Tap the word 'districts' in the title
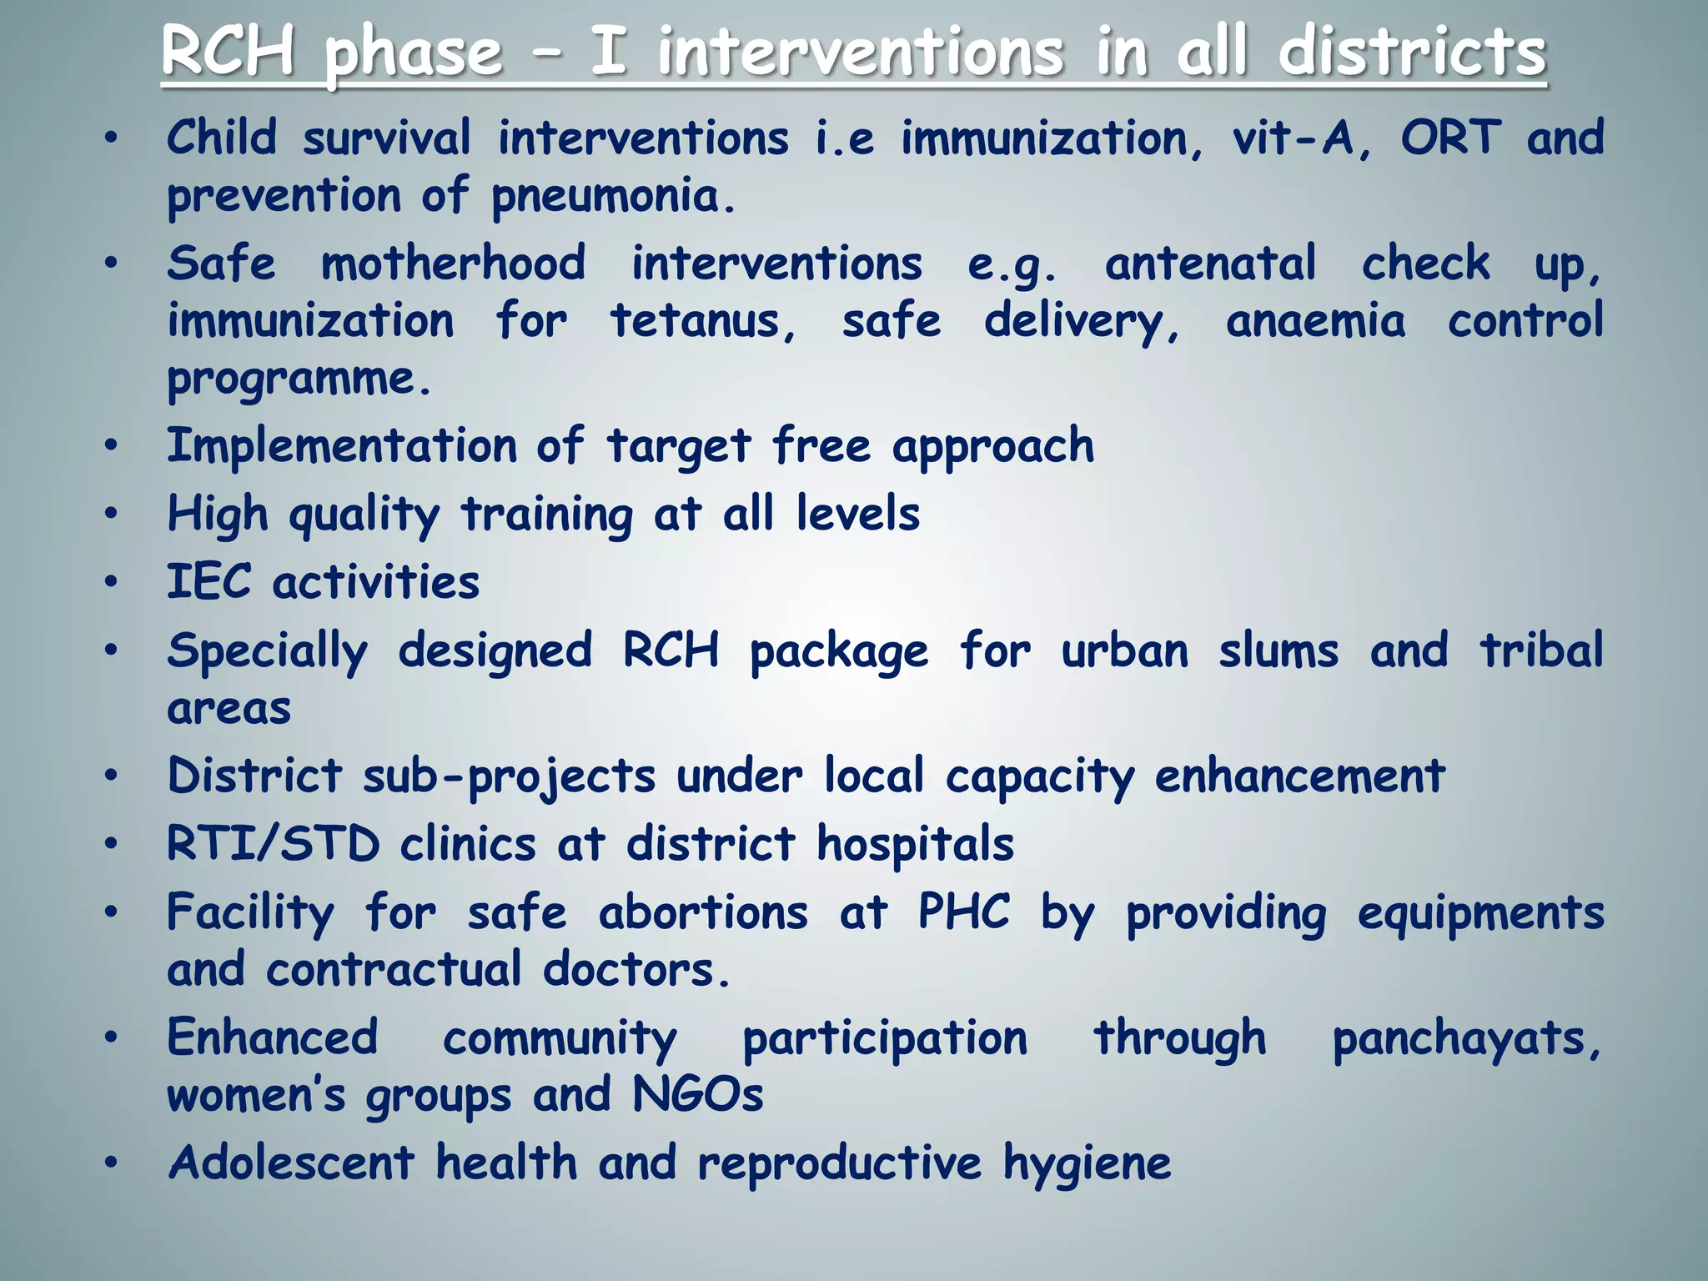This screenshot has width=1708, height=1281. (1412, 52)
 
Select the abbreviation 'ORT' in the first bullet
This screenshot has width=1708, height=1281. (1450, 138)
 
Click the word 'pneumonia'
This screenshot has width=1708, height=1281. (613, 197)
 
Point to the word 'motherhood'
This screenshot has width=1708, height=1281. (454, 264)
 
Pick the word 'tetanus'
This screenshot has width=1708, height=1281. (702, 321)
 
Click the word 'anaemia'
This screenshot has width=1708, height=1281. (1315, 321)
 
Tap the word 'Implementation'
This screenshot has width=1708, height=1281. (342, 445)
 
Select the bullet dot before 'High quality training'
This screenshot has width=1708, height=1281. (111, 514)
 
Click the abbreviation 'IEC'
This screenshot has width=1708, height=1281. (208, 581)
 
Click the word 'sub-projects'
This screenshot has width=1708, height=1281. (509, 776)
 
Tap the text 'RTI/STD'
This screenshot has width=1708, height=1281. (274, 844)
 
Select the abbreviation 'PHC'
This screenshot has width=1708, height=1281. (964, 912)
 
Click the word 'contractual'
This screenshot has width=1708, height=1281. (394, 970)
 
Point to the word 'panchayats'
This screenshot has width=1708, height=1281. (1465, 1039)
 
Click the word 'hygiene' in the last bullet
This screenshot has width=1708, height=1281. (1087, 1164)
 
